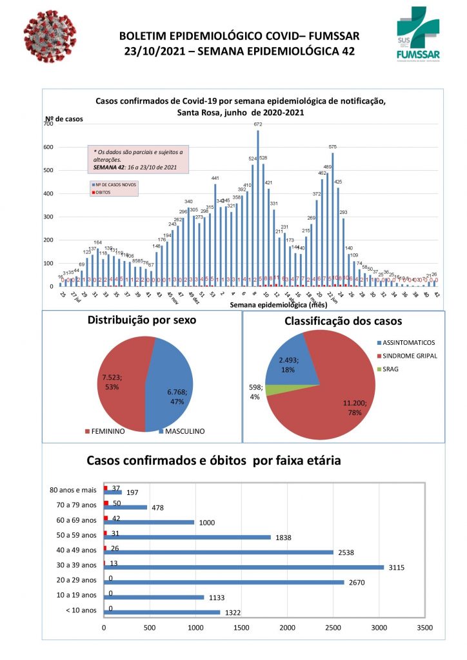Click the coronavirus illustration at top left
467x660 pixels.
(x=49, y=40)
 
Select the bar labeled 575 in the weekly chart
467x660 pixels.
(x=333, y=219)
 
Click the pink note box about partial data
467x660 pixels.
(x=137, y=160)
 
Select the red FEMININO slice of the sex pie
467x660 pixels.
(x=123, y=383)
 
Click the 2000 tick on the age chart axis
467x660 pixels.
(x=288, y=627)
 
